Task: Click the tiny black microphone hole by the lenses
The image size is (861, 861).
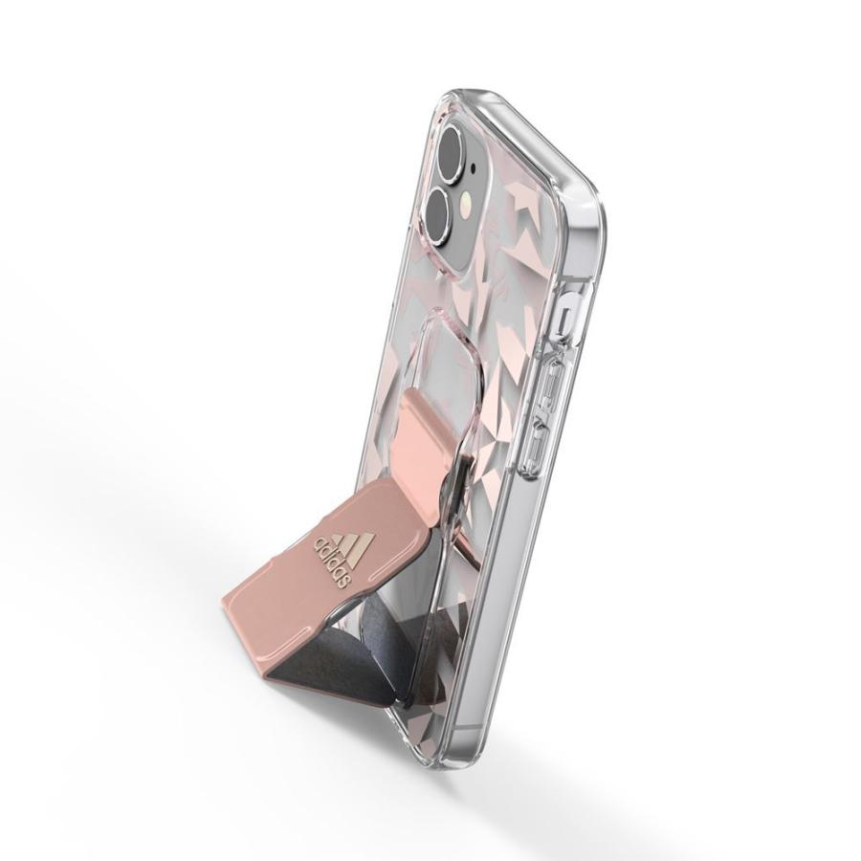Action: point(474,165)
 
